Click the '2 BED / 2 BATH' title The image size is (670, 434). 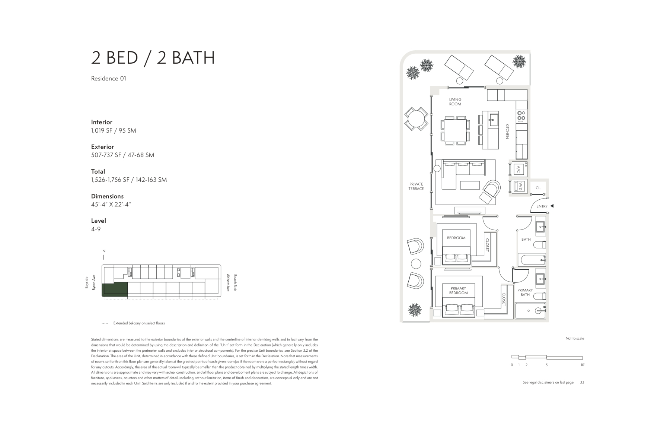point(153,58)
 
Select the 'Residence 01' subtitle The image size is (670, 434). point(109,79)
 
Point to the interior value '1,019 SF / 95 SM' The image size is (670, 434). point(114,130)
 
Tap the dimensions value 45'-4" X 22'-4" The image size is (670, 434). point(111,205)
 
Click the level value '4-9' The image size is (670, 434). point(96,229)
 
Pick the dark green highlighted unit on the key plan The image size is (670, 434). point(115,289)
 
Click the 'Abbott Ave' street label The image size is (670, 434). point(228,283)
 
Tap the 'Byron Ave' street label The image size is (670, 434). point(94,283)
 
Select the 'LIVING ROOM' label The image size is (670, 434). point(455,102)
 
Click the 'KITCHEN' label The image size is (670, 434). point(507,131)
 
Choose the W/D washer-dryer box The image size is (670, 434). point(518,186)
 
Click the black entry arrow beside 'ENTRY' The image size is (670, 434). point(552,206)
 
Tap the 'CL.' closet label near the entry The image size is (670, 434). point(538,188)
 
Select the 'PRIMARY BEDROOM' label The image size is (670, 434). point(458,291)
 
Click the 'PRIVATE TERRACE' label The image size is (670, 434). point(416,186)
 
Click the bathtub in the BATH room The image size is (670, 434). point(532,260)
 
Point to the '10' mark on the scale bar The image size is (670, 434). point(583,365)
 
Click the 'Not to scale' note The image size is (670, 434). point(575,339)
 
